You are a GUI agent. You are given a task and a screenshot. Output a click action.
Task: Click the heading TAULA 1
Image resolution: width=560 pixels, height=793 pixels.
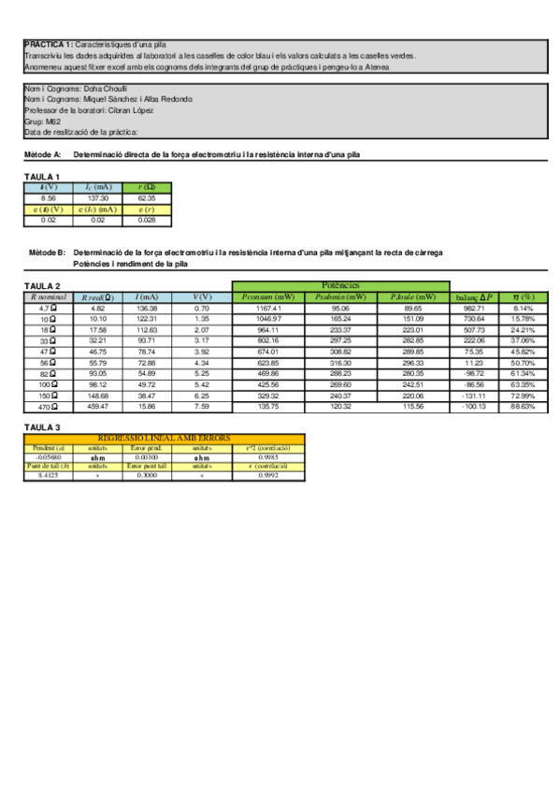click(x=42, y=177)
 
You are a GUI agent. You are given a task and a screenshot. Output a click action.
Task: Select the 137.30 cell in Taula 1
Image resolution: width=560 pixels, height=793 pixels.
click(x=98, y=198)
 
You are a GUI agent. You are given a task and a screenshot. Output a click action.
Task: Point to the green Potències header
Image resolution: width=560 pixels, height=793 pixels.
click(x=340, y=285)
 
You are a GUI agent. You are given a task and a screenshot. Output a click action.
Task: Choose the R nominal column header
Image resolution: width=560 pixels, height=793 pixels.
click(x=49, y=296)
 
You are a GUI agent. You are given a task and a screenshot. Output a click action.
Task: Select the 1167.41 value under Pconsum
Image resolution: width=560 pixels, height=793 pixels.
click(x=267, y=308)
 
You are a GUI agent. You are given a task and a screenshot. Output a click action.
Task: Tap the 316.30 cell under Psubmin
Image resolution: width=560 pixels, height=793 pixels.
click(x=340, y=363)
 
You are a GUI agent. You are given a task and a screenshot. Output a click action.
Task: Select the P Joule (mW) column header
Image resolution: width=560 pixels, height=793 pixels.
click(x=412, y=296)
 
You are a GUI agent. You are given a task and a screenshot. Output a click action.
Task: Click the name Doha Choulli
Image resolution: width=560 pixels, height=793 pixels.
click(x=105, y=89)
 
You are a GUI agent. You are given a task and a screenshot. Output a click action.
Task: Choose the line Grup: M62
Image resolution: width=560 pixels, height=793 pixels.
click(x=43, y=122)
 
